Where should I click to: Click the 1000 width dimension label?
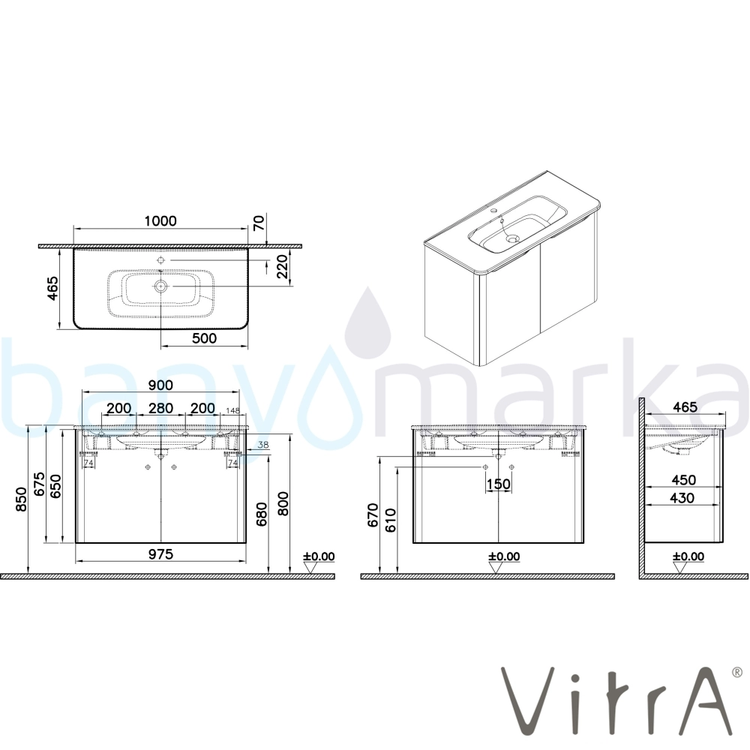pyautogui.click(x=160, y=221)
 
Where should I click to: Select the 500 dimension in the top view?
pyautogui.click(x=204, y=338)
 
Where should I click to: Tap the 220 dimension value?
pyautogui.click(x=282, y=267)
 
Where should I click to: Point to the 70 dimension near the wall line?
pyautogui.click(x=258, y=223)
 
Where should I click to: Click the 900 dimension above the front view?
pyautogui.click(x=160, y=385)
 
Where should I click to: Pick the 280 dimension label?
pyautogui.click(x=160, y=408)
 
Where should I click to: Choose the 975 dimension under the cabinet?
pyautogui.click(x=160, y=554)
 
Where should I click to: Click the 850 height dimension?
pyautogui.click(x=22, y=499)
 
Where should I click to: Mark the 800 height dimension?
pyautogui.click(x=283, y=503)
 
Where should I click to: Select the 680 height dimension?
pyautogui.click(x=262, y=514)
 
